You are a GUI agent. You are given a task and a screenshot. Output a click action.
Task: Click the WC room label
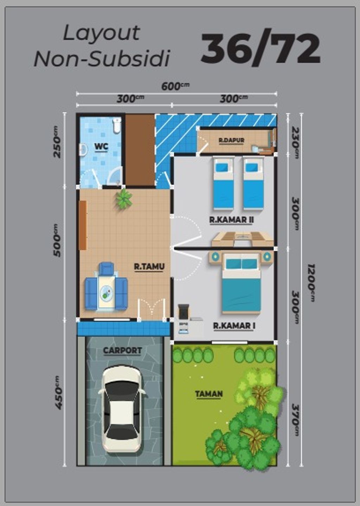[x=101, y=146]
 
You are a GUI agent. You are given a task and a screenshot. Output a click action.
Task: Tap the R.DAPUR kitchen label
[x=231, y=140]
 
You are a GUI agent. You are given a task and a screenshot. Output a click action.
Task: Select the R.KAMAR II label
[x=231, y=220]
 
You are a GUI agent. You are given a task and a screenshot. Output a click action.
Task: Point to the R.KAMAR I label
[x=234, y=325]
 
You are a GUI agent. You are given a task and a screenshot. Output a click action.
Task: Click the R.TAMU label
[x=149, y=266]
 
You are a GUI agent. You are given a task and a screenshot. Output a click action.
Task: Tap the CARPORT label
[x=122, y=350]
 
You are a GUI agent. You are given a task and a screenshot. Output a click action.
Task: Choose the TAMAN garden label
[x=209, y=393]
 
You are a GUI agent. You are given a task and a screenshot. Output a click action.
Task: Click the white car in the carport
[x=122, y=408]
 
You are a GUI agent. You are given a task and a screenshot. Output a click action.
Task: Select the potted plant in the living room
[x=124, y=198]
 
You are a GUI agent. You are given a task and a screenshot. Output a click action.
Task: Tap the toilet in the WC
[x=117, y=125]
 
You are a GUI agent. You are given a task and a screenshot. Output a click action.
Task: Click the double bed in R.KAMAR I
[x=241, y=285]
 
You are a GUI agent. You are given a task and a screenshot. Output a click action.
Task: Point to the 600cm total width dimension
[x=175, y=86]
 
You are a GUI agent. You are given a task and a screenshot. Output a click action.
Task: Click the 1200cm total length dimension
[x=311, y=283]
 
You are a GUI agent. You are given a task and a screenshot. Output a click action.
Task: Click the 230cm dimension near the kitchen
[x=296, y=143]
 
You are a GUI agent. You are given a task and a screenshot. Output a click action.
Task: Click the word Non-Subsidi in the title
[x=102, y=58]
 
